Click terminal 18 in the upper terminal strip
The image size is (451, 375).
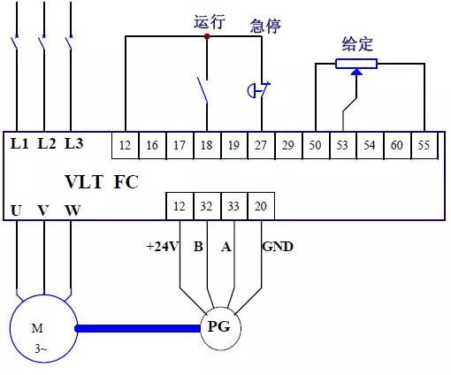tap(207, 145)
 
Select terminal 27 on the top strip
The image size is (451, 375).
tap(261, 145)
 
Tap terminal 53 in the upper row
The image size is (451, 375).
tap(342, 145)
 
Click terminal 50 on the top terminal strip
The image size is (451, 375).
tap(316, 145)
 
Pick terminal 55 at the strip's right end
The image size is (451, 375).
tap(424, 145)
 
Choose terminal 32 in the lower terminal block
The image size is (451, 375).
tap(207, 206)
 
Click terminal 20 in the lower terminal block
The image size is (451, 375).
tap(261, 206)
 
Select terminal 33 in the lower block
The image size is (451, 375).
tap(234, 206)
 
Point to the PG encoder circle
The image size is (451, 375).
tap(220, 328)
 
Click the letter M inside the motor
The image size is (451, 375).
tap(37, 328)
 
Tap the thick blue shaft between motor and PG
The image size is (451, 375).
tap(138, 328)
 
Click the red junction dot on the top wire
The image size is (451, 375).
tap(207, 36)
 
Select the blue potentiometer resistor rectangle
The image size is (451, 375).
tap(356, 64)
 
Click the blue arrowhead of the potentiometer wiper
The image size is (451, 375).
tap(356, 72)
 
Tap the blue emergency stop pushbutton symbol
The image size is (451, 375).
tap(258, 90)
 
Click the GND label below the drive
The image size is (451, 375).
tap(278, 247)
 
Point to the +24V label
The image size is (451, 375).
tap(162, 247)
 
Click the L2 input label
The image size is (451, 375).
tap(47, 143)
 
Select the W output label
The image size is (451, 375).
tap(73, 210)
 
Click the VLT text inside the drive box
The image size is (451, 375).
tap(84, 181)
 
